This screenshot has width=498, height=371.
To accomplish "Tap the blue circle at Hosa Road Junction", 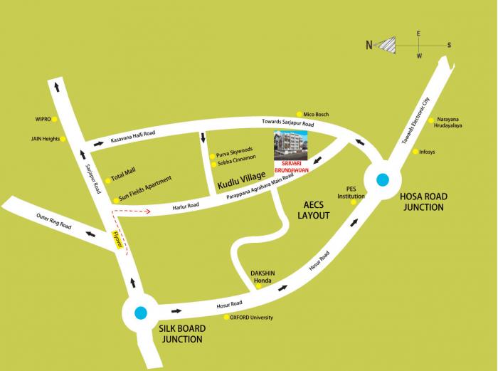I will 383,180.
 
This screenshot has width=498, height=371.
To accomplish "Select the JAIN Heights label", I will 43,138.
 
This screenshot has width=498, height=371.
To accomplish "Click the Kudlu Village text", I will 241,176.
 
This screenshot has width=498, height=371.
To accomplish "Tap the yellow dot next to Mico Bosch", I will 300,114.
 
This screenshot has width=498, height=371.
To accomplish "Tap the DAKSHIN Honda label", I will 263,276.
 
